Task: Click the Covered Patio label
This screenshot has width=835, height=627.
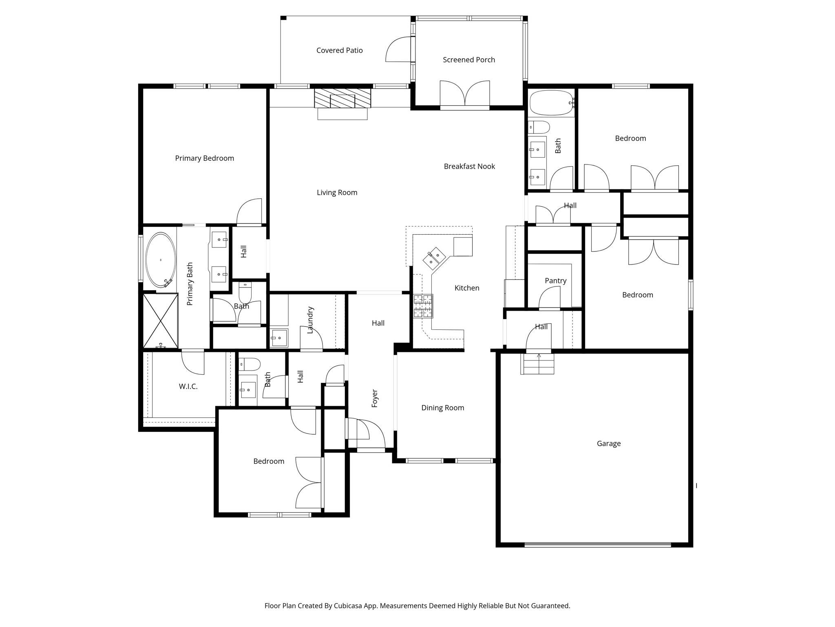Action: pos(339,50)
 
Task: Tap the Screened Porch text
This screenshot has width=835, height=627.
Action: pos(469,60)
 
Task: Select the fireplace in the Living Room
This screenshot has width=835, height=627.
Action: pos(342,98)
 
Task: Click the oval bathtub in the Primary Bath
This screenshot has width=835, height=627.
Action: pos(161,260)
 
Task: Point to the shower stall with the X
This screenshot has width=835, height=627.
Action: pos(161,321)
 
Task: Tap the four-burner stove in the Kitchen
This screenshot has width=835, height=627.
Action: pos(423,306)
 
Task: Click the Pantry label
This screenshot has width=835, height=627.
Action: pos(555,281)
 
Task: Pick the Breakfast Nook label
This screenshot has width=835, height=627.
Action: pos(469,166)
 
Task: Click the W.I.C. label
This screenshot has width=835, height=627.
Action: pos(188,386)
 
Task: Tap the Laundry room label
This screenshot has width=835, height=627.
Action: pos(310,320)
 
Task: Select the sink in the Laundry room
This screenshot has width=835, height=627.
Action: pos(279,338)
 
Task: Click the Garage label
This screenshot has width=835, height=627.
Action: pos(608,443)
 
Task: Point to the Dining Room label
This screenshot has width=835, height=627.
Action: pos(442,407)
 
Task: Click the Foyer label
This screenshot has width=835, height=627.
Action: pos(375,398)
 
